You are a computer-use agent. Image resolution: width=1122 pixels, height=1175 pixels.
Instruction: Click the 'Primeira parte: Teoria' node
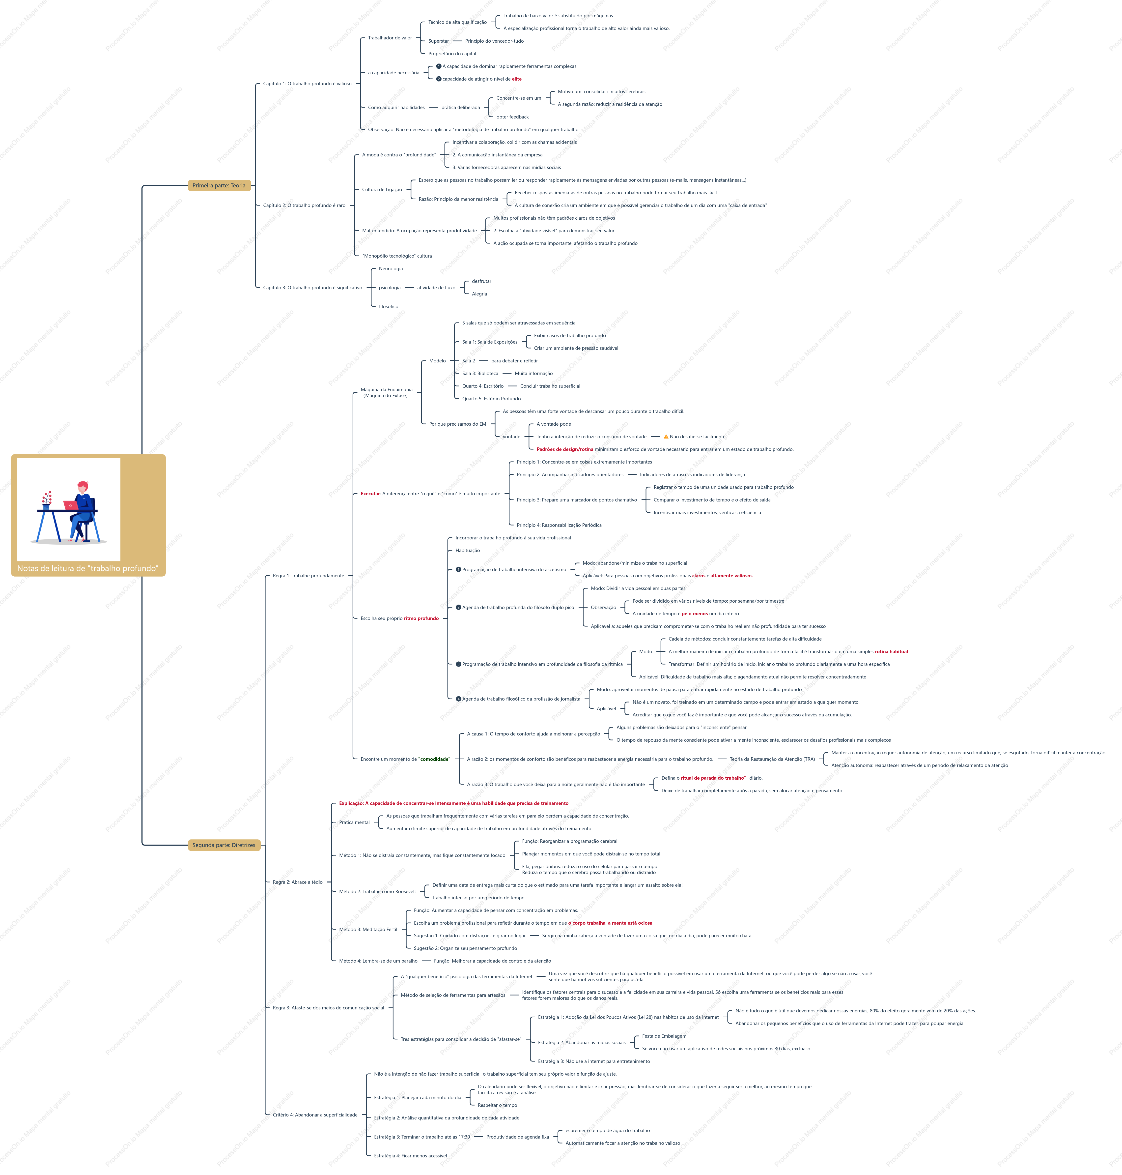(219, 185)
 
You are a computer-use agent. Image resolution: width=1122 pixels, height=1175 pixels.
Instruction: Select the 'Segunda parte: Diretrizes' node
(224, 845)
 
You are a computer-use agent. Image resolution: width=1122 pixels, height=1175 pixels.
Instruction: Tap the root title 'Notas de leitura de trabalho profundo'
(88, 568)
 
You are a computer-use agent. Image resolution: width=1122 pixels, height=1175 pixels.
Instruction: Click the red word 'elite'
(517, 79)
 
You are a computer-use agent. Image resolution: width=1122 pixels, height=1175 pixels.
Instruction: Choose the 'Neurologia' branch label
(391, 269)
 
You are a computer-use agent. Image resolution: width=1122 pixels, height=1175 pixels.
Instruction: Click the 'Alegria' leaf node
(479, 294)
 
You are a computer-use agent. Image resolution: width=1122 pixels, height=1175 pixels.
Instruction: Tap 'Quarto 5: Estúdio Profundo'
(491, 398)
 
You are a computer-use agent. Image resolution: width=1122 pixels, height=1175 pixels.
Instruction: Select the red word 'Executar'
(370, 494)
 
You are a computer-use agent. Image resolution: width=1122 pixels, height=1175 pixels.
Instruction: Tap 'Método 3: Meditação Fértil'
(368, 929)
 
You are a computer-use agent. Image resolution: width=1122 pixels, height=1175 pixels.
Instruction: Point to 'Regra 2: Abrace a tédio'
(297, 882)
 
